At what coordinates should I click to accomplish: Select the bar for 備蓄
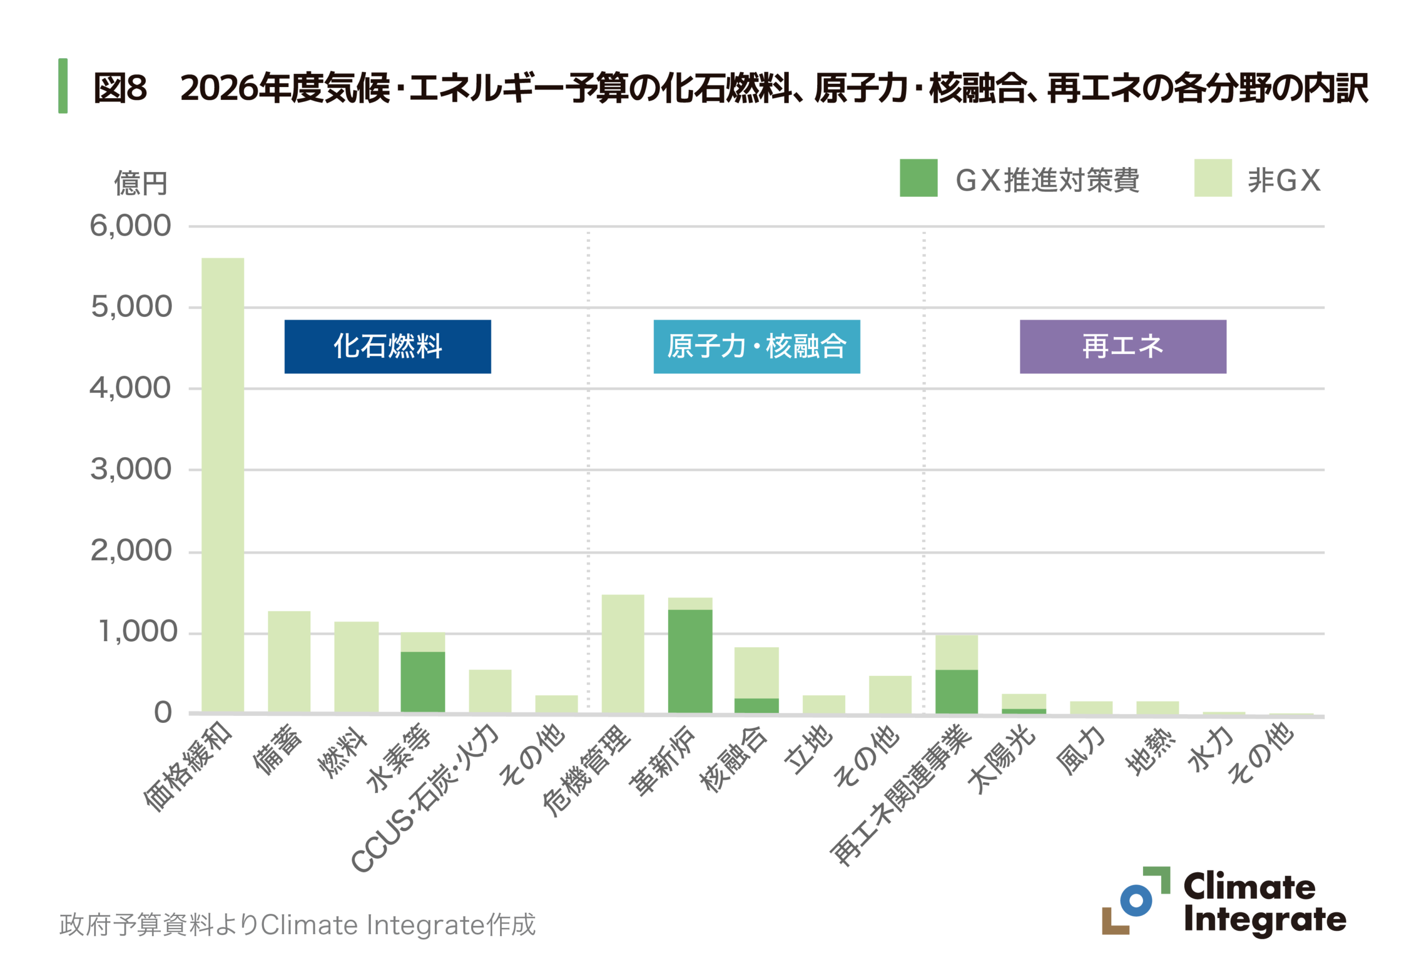click(x=290, y=662)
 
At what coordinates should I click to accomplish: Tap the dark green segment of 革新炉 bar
click(x=690, y=661)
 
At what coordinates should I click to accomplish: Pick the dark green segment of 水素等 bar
click(x=423, y=682)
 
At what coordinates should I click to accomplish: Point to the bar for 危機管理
click(x=623, y=653)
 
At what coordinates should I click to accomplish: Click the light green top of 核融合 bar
click(x=756, y=673)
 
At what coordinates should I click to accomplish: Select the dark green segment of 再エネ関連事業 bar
click(x=956, y=691)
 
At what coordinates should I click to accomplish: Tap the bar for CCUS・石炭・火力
click(x=490, y=691)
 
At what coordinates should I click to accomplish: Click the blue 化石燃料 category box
click(x=387, y=346)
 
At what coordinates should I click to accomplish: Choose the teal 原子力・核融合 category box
click(x=756, y=346)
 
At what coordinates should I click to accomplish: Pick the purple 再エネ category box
click(x=1123, y=346)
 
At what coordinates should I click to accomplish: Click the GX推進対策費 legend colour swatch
click(x=918, y=178)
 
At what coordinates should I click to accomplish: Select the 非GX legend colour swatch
click(x=1213, y=178)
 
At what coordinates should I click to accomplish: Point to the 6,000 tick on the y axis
click(x=131, y=226)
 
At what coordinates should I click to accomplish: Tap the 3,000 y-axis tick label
click(x=131, y=469)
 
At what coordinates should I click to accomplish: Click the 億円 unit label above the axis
click(x=141, y=183)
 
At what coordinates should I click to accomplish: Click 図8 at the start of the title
click(x=120, y=88)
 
